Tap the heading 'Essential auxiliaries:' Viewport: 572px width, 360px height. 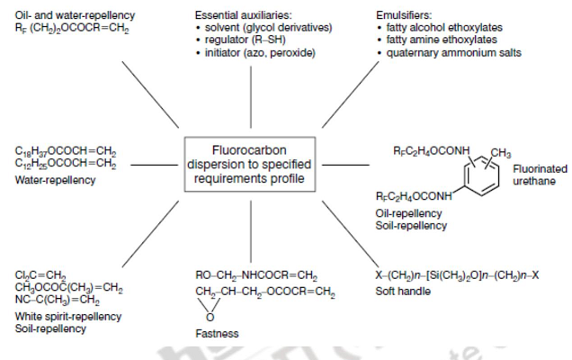point(245,15)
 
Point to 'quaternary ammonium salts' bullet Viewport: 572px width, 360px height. point(447,53)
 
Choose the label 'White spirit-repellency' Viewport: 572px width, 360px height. point(68,317)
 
